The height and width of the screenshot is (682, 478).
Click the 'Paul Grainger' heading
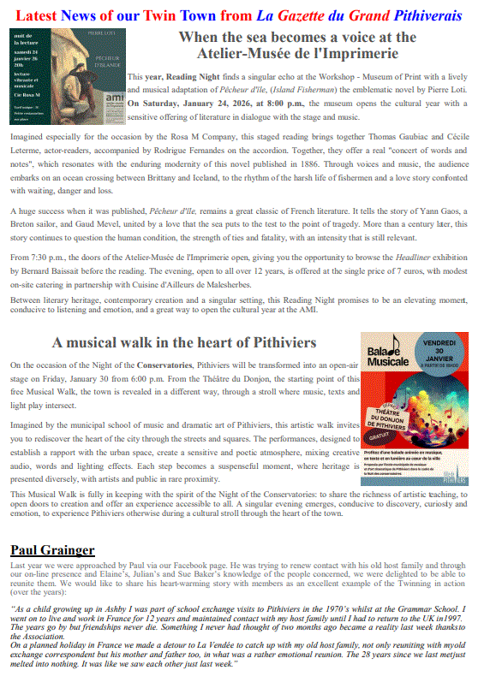pos(52,549)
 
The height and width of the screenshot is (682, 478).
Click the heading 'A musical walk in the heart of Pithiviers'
pos(183,342)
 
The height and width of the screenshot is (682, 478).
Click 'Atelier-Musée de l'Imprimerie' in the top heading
pos(297,54)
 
